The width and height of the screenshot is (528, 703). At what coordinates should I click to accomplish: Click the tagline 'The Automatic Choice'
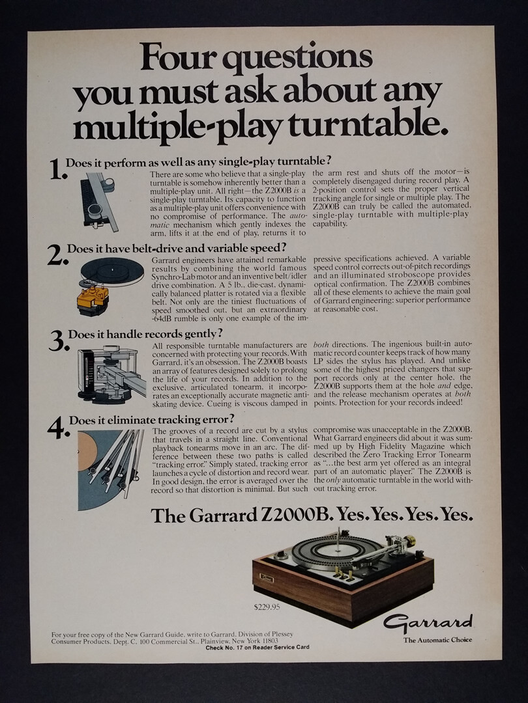437,641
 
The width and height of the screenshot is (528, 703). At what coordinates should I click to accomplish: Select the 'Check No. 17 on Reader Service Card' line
257,648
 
